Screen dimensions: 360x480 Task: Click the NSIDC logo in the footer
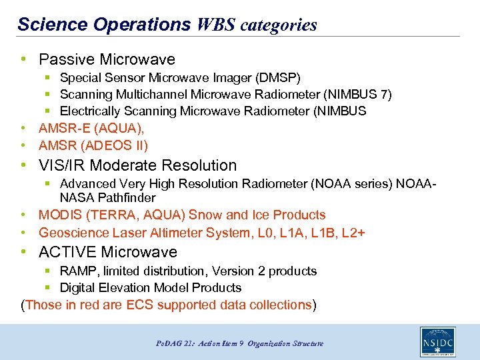[437, 342]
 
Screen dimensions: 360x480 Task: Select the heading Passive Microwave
[107, 59]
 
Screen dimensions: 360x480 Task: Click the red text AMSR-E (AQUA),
[91, 128]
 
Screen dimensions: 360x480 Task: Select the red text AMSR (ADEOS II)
[93, 145]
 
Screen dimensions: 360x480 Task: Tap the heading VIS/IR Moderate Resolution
[137, 165]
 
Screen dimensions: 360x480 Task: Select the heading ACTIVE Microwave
[108, 252]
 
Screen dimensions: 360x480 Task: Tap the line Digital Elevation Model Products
[150, 288]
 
